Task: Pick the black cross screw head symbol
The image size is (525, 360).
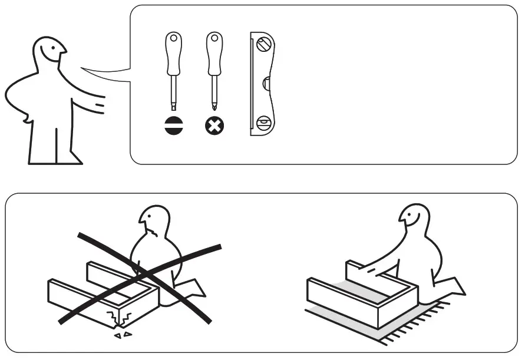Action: pyautogui.click(x=214, y=126)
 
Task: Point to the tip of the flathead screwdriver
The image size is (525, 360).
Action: pyautogui.click(x=173, y=107)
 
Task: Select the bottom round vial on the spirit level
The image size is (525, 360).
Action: pyautogui.click(x=263, y=124)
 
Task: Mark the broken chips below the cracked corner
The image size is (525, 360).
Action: pyautogui.click(x=123, y=334)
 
